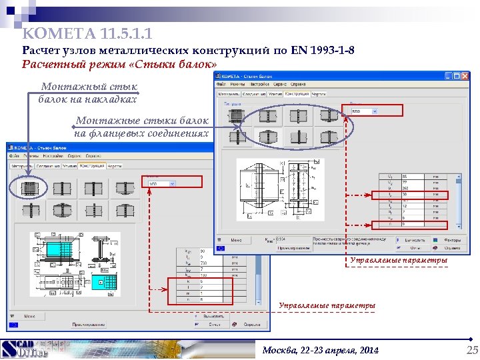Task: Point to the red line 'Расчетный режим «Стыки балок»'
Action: click(119, 65)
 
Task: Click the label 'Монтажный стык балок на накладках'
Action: click(88, 93)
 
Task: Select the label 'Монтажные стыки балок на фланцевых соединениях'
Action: click(141, 127)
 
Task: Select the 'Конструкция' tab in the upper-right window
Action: click(296, 94)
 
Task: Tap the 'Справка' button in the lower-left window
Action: click(251, 325)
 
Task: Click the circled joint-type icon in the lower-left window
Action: click(28, 188)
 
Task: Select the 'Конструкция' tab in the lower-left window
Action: click(91, 165)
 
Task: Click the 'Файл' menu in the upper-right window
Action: click(221, 84)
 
